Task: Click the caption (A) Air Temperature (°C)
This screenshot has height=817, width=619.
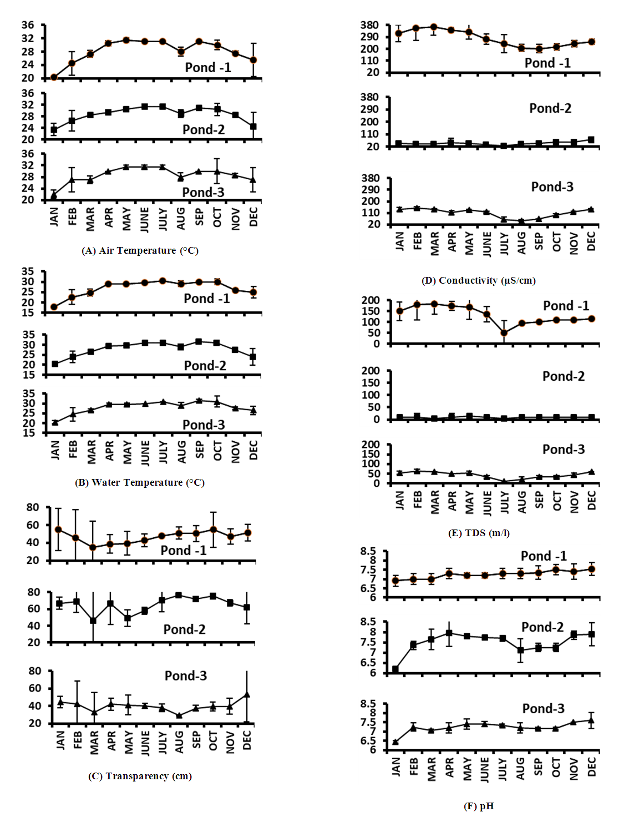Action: [x=140, y=250]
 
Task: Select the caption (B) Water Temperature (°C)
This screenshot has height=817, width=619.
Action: [x=140, y=482]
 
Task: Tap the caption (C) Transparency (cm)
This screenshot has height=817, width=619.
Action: [x=140, y=776]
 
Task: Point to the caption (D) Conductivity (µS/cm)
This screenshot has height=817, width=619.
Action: [x=479, y=280]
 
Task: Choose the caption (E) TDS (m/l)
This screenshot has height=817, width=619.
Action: [x=479, y=533]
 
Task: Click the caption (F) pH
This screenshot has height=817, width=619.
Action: [x=479, y=806]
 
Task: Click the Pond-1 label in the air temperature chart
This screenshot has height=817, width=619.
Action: [x=208, y=68]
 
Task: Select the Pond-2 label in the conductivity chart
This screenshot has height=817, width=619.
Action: [x=550, y=108]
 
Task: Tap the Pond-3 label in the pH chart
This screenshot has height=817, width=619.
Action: [x=544, y=709]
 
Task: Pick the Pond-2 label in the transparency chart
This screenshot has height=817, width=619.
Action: [x=184, y=629]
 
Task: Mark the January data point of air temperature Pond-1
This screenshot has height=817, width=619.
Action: [x=54, y=77]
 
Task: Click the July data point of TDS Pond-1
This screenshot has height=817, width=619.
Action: [x=504, y=333]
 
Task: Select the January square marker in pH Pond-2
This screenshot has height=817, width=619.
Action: [x=395, y=669]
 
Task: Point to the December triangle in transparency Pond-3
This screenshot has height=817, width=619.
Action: [x=247, y=694]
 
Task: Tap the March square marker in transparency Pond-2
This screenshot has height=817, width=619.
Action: [x=93, y=621]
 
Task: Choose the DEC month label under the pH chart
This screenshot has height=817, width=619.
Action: [x=591, y=766]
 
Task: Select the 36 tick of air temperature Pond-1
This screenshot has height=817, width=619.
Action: [x=28, y=25]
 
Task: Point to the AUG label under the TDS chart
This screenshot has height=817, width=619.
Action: [x=521, y=502]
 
